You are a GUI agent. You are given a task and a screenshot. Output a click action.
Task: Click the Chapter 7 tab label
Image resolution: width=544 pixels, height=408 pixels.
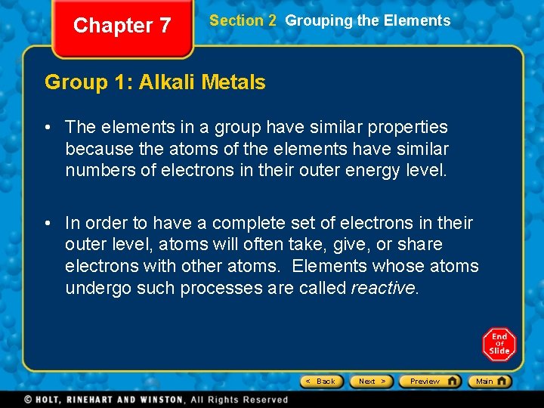coord(122,26)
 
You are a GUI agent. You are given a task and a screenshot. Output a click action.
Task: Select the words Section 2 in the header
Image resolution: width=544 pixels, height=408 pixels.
coord(243,21)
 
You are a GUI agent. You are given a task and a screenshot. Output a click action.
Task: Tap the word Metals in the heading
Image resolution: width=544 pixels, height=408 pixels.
coord(236,82)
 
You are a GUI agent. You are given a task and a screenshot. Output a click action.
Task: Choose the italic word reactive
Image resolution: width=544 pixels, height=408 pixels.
coord(384,288)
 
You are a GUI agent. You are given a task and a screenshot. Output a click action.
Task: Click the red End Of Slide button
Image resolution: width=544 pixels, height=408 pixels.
coord(499,344)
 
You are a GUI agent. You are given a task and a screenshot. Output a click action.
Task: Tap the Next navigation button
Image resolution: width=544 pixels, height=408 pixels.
coord(372,382)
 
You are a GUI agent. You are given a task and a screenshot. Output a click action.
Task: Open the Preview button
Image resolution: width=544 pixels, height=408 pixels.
coord(430,382)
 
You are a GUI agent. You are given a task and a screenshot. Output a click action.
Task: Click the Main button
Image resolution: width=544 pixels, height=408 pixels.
coord(489,382)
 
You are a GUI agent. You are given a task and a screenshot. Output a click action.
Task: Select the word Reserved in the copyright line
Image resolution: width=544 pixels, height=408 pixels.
coord(264,400)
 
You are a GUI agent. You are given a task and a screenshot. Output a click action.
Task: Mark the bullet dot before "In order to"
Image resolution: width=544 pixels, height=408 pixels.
coord(48,224)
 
